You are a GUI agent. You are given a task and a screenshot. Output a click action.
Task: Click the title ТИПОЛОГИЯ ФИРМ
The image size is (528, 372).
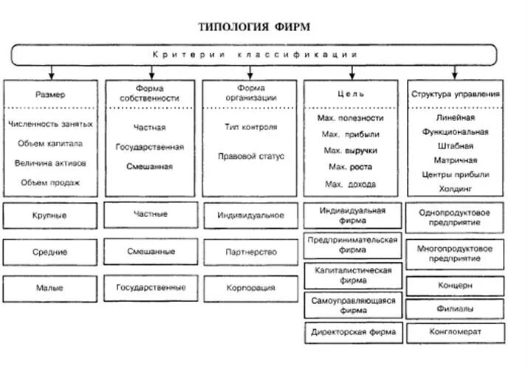pyautogui.click(x=254, y=27)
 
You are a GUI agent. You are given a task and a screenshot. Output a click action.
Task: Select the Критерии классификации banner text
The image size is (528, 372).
pyautogui.click(x=255, y=55)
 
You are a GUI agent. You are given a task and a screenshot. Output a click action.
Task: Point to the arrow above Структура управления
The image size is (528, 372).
pyautogui.click(x=454, y=72)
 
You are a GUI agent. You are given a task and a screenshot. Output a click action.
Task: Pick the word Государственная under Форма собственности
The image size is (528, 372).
pyautogui.click(x=150, y=147)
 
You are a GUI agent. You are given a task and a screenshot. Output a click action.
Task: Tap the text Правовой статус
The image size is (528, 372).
pyautogui.click(x=250, y=156)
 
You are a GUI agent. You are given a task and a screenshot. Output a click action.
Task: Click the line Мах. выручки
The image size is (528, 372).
pyautogui.click(x=350, y=150)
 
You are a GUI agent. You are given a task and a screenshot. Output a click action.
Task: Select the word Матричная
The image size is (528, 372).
pyautogui.click(x=455, y=159)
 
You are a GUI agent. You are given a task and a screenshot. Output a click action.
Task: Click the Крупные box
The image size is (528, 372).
pyautogui.click(x=51, y=216)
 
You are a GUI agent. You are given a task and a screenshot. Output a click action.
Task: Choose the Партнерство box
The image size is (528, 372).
pyautogui.click(x=250, y=252)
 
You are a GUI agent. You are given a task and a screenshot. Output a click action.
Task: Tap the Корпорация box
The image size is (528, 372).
pyautogui.click(x=250, y=288)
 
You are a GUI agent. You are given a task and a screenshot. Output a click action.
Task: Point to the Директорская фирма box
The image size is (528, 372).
pyautogui.click(x=353, y=332)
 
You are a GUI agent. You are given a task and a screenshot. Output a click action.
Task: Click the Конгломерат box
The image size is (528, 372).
pyautogui.click(x=455, y=332)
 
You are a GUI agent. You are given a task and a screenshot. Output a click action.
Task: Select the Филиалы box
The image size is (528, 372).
pyautogui.click(x=455, y=309)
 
